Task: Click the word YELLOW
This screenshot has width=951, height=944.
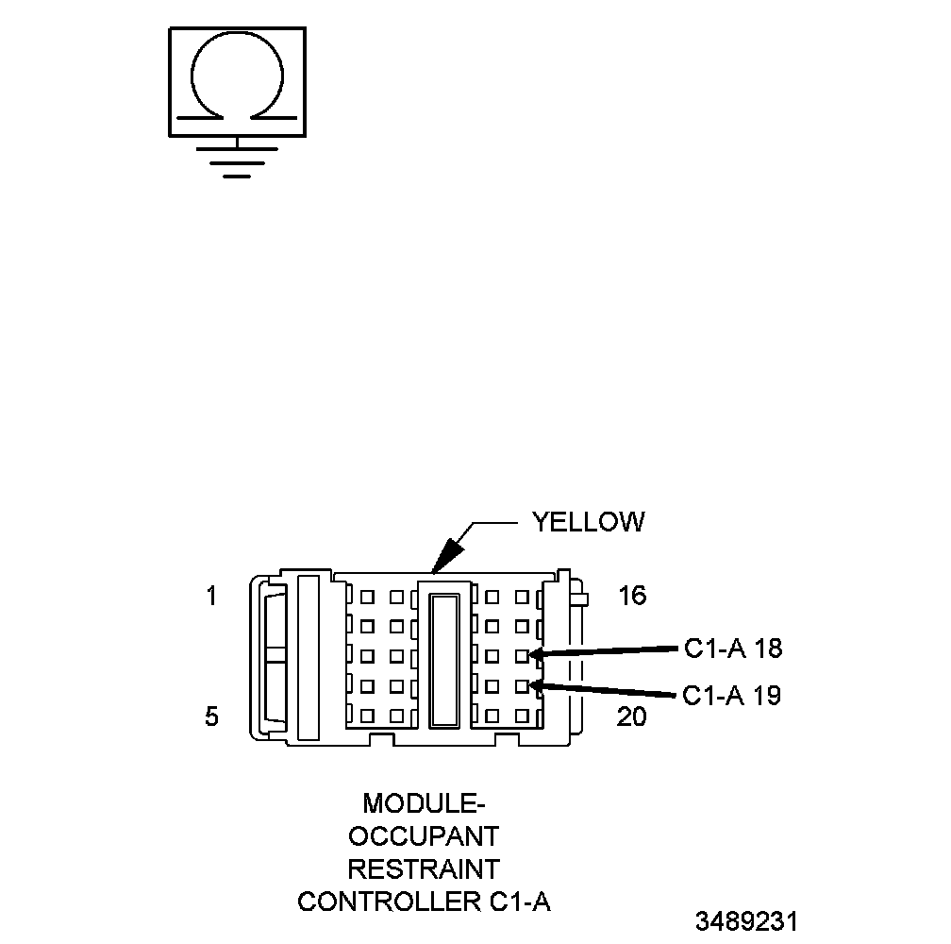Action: pyautogui.click(x=588, y=522)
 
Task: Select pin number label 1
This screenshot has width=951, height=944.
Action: pyautogui.click(x=211, y=597)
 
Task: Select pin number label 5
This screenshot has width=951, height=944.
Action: pyautogui.click(x=211, y=717)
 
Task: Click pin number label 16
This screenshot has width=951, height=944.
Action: pyautogui.click(x=632, y=597)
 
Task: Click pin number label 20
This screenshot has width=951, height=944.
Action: pyautogui.click(x=631, y=717)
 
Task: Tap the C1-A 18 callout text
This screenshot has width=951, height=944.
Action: pyautogui.click(x=733, y=649)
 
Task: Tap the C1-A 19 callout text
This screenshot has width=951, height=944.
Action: pyautogui.click(x=732, y=697)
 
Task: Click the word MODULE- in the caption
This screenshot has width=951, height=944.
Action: pyautogui.click(x=424, y=804)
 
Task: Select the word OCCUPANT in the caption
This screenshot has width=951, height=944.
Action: pyautogui.click(x=424, y=836)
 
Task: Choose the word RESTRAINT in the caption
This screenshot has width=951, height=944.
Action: pyautogui.click(x=424, y=868)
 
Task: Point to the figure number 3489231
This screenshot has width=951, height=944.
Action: pyautogui.click(x=746, y=921)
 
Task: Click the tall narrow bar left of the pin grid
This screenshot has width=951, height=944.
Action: pyautogui.click(x=309, y=656)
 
